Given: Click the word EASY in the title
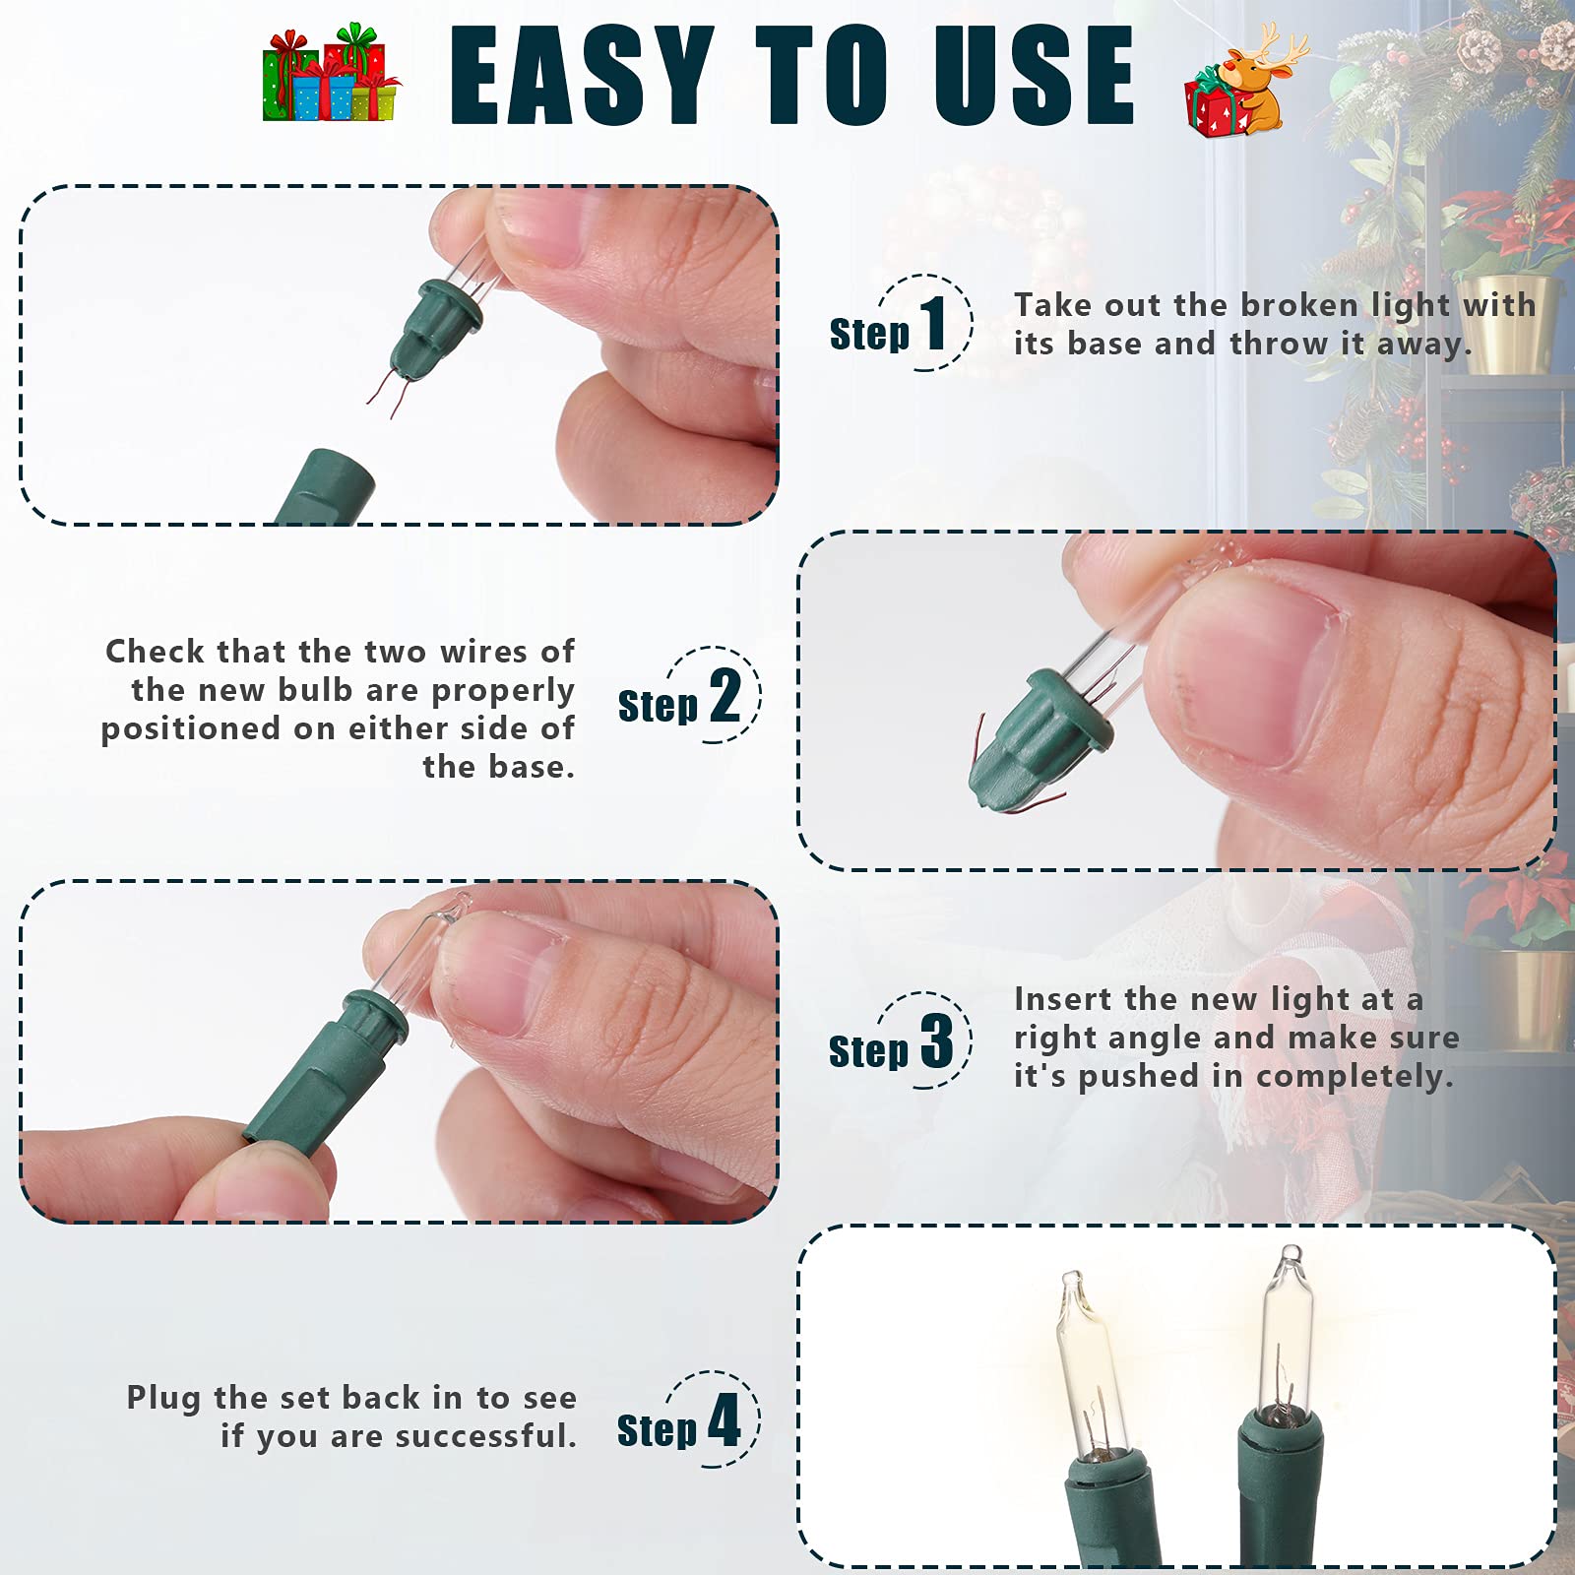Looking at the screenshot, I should point(581,77).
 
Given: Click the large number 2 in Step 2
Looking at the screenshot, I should point(725,696).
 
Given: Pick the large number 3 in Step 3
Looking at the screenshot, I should point(936,1041).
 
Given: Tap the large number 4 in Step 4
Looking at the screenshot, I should point(724,1420).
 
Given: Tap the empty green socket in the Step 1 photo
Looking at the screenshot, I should point(325,487).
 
